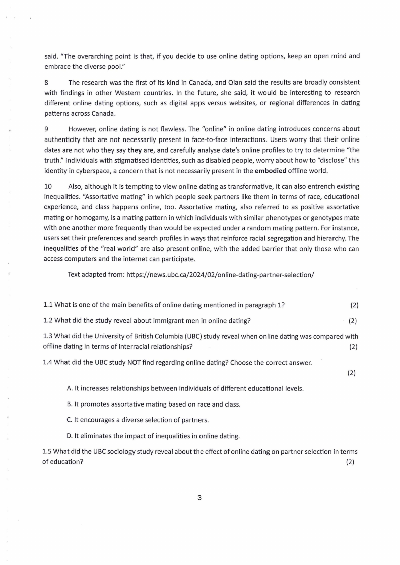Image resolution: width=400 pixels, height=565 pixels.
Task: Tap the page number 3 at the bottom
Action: [199, 498]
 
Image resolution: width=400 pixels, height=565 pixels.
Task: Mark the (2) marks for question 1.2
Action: [353, 321]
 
